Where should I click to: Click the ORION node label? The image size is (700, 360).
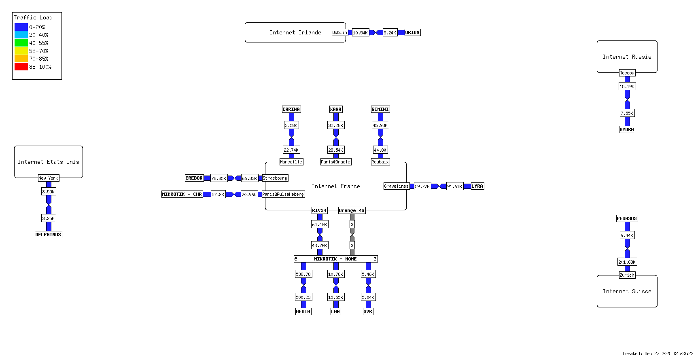(x=412, y=32)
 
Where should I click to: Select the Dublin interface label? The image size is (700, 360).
(x=339, y=32)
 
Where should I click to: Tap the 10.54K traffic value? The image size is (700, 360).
(x=360, y=33)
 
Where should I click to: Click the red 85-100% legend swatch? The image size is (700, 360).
(x=21, y=67)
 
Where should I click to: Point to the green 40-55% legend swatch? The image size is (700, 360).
(x=21, y=42)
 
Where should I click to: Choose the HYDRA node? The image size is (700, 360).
(x=627, y=129)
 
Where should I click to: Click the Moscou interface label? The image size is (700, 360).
(x=627, y=73)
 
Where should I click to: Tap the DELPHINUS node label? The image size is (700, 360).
(x=48, y=235)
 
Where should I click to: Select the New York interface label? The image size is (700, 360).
(x=48, y=178)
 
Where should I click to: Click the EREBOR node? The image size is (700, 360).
(x=194, y=178)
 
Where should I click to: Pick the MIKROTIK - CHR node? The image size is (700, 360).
(x=182, y=194)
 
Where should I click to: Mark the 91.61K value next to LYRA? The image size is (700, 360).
(x=454, y=186)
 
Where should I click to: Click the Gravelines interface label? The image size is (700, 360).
(x=396, y=186)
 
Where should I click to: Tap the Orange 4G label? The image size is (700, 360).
(x=352, y=210)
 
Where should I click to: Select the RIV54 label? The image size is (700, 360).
(x=319, y=210)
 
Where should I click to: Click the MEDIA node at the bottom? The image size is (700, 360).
(x=303, y=311)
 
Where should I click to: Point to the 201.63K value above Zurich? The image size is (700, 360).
(x=627, y=262)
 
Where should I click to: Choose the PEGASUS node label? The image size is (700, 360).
(x=627, y=218)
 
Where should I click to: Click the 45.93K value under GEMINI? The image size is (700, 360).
(x=380, y=125)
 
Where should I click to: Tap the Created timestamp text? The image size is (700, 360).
(x=658, y=354)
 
